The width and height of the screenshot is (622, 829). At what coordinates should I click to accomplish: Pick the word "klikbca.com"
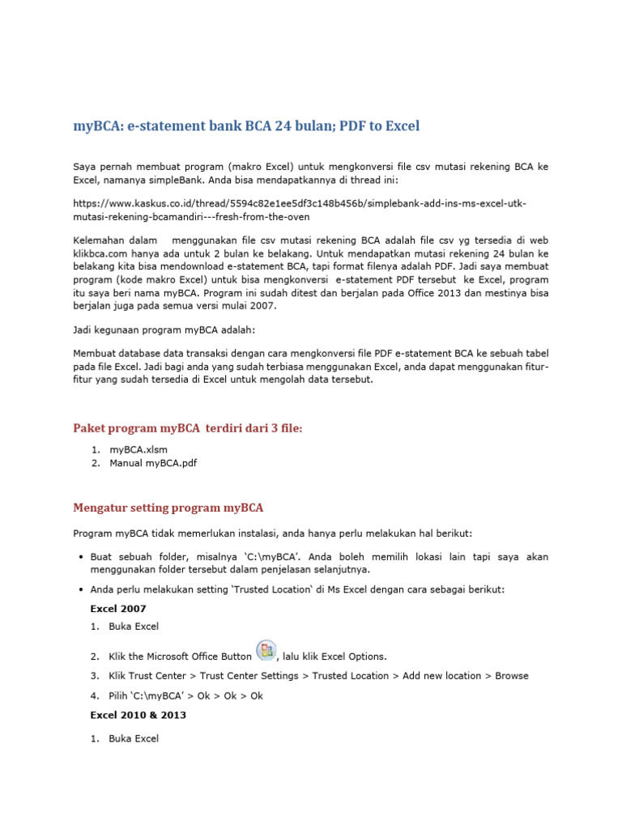[100, 255]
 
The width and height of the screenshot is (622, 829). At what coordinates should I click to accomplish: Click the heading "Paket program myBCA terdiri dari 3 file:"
[187, 428]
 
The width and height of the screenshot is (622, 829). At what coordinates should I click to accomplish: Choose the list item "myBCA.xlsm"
[138, 449]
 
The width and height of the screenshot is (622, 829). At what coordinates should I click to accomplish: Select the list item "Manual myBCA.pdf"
[153, 463]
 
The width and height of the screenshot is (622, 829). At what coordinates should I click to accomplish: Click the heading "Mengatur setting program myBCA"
[168, 508]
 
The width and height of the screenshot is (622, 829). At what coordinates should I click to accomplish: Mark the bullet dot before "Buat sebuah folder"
[82, 558]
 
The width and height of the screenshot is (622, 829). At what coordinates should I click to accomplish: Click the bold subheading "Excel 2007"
[117, 608]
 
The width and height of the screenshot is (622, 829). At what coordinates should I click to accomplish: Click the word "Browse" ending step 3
[512, 675]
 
